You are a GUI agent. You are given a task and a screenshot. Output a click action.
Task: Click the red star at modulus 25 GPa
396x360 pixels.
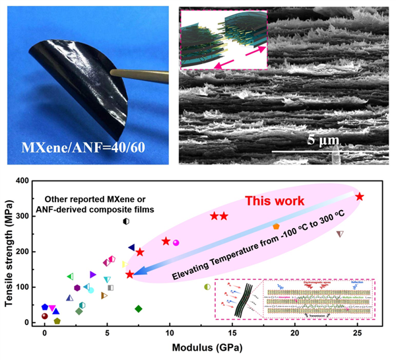click(x=360, y=196)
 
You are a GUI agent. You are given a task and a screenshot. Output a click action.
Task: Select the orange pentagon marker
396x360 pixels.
click(x=276, y=227)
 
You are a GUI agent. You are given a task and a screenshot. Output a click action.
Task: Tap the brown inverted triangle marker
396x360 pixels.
click(x=340, y=234)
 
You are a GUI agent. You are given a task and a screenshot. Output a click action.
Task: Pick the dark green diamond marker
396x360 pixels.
click(x=139, y=308)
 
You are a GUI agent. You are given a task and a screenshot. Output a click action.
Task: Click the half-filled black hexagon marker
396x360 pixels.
click(x=126, y=221)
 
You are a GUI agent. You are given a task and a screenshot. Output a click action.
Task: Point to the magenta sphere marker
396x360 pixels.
click(x=176, y=242)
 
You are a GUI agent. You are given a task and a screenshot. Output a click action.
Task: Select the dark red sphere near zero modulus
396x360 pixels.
click(x=45, y=316)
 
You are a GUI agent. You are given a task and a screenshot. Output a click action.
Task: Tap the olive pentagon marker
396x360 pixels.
click(x=57, y=321)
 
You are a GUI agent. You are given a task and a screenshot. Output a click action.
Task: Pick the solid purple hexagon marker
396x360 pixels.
click(x=77, y=287)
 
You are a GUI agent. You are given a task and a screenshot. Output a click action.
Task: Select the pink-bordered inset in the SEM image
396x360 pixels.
click(x=224, y=39)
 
